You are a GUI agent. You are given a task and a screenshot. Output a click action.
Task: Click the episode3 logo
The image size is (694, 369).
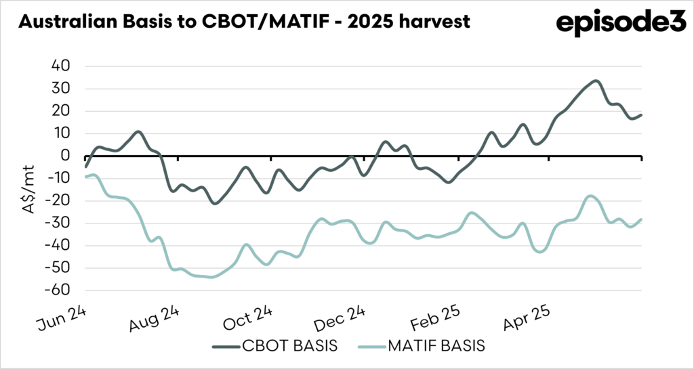coord(612,23)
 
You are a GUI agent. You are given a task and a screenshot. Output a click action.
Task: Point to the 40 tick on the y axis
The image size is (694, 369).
coord(60,66)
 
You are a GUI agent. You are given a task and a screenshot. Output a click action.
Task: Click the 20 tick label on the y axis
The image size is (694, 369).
coord(60,111)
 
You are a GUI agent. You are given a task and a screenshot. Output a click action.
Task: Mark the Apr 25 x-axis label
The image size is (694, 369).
coord(530,318)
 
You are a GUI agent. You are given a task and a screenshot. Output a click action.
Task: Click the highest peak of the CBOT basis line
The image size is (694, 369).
coord(595,81)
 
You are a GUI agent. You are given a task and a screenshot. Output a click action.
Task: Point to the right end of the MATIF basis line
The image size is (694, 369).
coord(641,219)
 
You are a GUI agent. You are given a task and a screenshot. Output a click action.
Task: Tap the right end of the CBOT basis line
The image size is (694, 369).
coord(641,115)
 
